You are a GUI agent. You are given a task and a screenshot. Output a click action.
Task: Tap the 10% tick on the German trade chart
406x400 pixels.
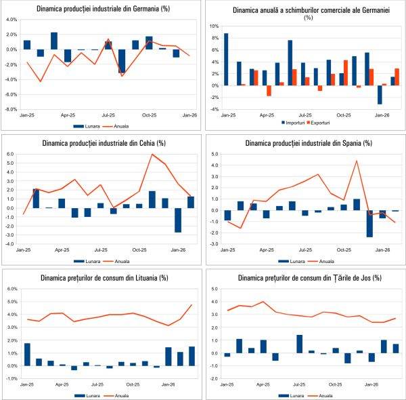click(214, 26)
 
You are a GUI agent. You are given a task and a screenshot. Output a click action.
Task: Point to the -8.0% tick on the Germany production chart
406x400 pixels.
click(11, 108)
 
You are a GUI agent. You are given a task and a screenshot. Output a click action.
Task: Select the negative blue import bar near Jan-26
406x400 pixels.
click(361, 94)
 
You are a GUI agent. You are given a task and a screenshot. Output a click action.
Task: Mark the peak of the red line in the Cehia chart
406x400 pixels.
click(152, 155)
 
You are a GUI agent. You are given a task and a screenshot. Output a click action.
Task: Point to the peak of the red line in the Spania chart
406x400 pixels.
click(357, 161)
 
